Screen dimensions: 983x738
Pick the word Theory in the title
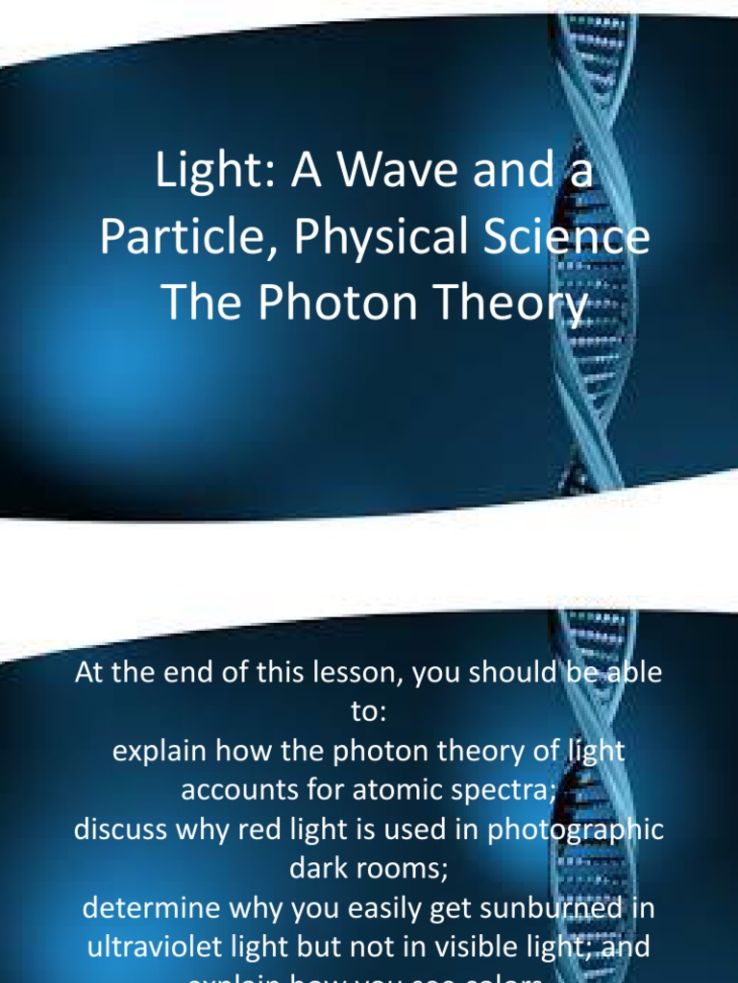point(510,303)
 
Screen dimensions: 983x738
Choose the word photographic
point(574,830)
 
